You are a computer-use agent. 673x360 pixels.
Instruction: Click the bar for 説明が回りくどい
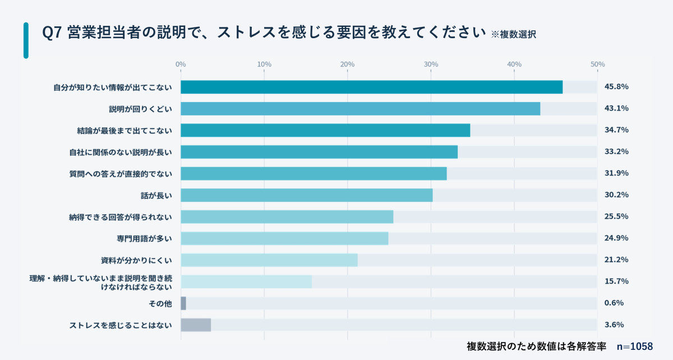(x=360, y=109)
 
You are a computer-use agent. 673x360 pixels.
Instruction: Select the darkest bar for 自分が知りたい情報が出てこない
(x=371, y=87)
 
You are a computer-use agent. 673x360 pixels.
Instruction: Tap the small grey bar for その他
(x=183, y=303)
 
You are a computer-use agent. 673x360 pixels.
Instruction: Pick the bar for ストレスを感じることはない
(x=196, y=325)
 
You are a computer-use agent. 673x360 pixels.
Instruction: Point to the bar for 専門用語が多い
(x=284, y=238)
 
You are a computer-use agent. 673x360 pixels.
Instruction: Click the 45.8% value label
(x=616, y=87)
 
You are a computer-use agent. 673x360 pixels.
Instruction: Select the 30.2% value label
(x=616, y=195)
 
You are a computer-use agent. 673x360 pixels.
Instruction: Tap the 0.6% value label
(x=614, y=303)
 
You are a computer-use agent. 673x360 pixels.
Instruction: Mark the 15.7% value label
(x=616, y=281)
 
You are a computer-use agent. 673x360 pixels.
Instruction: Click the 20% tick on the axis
(x=347, y=64)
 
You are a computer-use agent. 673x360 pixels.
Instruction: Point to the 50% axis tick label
(x=597, y=64)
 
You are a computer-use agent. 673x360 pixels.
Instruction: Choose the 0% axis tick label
(x=181, y=64)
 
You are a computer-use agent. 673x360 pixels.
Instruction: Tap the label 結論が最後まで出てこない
(x=125, y=130)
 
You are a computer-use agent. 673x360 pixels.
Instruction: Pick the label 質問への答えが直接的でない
(x=121, y=174)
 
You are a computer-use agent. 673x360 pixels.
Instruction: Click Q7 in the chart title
(x=52, y=33)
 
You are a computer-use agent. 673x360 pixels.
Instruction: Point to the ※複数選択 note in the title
(x=513, y=34)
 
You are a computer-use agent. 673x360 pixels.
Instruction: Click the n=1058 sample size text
(x=635, y=346)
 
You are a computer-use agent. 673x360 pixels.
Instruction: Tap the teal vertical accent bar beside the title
(x=26, y=40)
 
